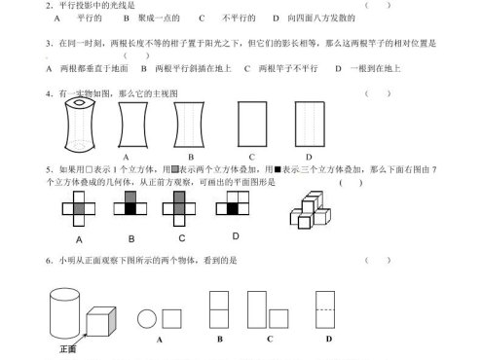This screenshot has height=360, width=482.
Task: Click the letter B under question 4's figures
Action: click(191, 156)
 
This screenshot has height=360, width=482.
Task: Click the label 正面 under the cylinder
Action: click(67, 347)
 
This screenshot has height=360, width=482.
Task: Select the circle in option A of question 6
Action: click(147, 319)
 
